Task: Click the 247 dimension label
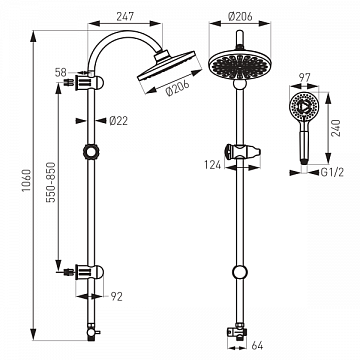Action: point(125,16)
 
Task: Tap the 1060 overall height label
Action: point(26,180)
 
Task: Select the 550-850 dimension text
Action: point(50,182)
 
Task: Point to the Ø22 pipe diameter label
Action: point(118,121)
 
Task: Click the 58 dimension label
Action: point(61,72)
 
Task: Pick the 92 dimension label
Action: point(116,296)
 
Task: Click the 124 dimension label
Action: point(213,165)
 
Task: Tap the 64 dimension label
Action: point(257,346)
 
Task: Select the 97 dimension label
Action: point(304,78)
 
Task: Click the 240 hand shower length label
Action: point(336,128)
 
